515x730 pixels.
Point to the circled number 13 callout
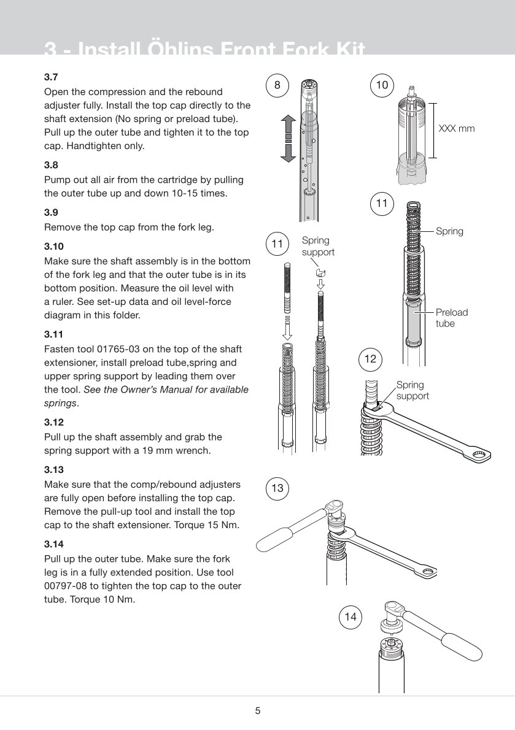click(277, 488)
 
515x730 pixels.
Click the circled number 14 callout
click(350, 617)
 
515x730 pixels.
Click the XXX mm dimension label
click(456, 129)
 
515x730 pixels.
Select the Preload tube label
click(451, 318)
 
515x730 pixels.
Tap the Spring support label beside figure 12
click(412, 390)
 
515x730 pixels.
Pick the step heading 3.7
click(52, 78)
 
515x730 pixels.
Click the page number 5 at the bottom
click(258, 712)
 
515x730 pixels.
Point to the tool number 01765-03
click(121, 350)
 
